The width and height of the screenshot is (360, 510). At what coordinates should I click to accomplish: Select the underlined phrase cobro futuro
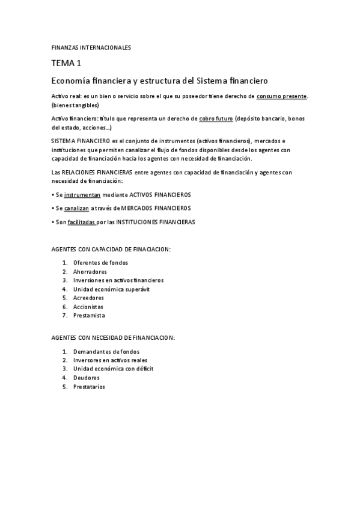pyautogui.click(x=216, y=118)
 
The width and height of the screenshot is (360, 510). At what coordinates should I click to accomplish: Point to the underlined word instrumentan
pyautogui.click(x=82, y=195)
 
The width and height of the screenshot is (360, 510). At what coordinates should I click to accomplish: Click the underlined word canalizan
pyautogui.click(x=76, y=208)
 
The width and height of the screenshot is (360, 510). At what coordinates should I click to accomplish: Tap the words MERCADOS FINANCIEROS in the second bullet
pyautogui.click(x=156, y=208)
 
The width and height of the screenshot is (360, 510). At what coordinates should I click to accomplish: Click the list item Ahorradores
pyautogui.click(x=90, y=272)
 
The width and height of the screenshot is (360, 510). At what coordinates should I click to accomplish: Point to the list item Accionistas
pyautogui.click(x=88, y=307)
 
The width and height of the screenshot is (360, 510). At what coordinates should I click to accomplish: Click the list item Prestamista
pyautogui.click(x=89, y=315)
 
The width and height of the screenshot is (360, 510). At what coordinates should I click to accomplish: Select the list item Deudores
pyautogui.click(x=87, y=378)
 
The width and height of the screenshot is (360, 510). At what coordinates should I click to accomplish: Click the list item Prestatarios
pyautogui.click(x=89, y=387)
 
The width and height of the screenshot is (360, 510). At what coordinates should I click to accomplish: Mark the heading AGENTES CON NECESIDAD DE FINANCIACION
pyautogui.click(x=113, y=338)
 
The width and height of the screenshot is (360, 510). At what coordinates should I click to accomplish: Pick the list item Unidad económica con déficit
pyautogui.click(x=113, y=369)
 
